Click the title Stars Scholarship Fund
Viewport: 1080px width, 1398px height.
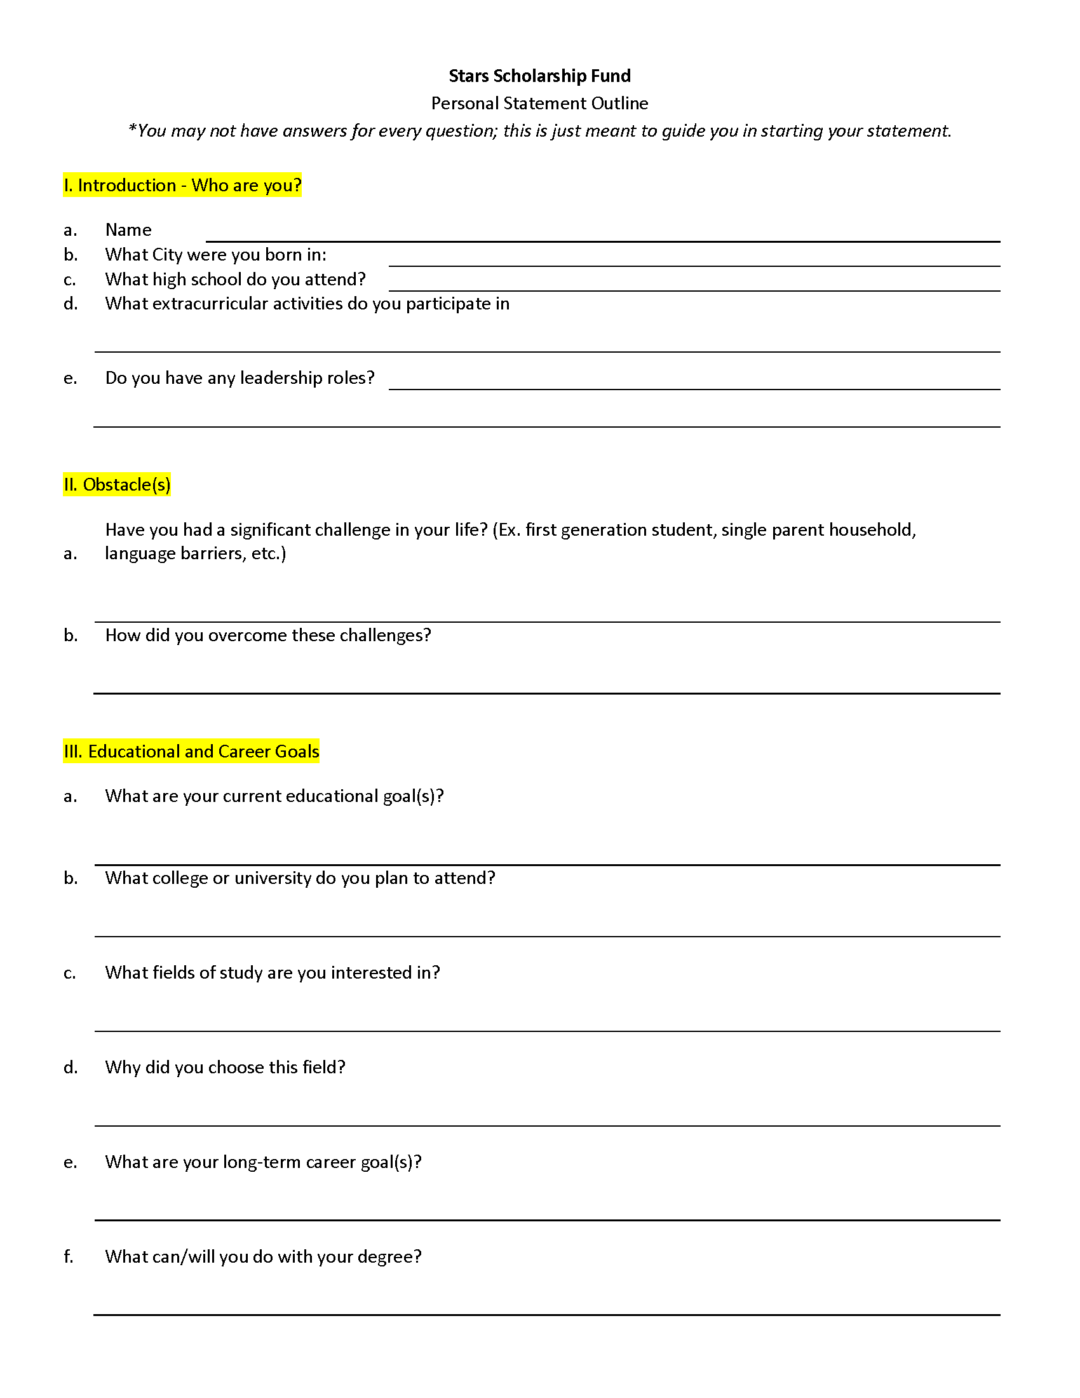[539, 76]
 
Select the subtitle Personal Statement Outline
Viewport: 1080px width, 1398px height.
[539, 104]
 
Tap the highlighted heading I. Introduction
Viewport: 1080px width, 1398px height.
[182, 186]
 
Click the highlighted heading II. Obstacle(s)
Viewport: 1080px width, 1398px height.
[117, 485]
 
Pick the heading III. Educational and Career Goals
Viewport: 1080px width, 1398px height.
[191, 752]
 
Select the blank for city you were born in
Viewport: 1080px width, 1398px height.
[694, 259]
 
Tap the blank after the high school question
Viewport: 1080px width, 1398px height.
[694, 284]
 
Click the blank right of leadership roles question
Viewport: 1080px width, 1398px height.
[694, 382]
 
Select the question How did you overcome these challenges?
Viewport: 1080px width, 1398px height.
[268, 635]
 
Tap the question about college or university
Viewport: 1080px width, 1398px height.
[300, 878]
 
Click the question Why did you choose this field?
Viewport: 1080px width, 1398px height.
[226, 1068]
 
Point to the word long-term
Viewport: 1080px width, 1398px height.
[261, 1162]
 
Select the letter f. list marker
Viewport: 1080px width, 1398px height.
[69, 1257]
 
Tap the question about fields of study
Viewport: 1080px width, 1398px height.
[273, 973]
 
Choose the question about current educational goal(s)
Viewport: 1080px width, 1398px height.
[274, 796]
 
